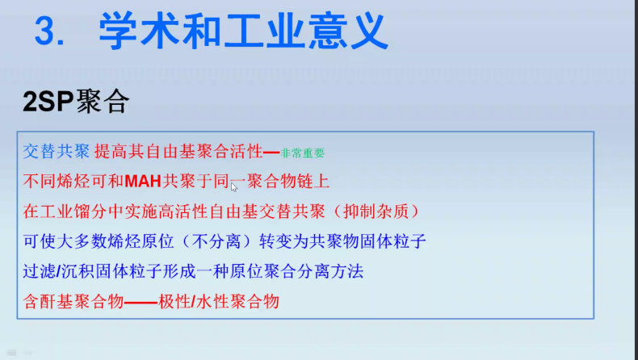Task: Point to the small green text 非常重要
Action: click(x=303, y=153)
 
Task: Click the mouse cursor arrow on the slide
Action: click(x=234, y=187)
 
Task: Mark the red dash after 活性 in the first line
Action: click(x=271, y=152)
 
